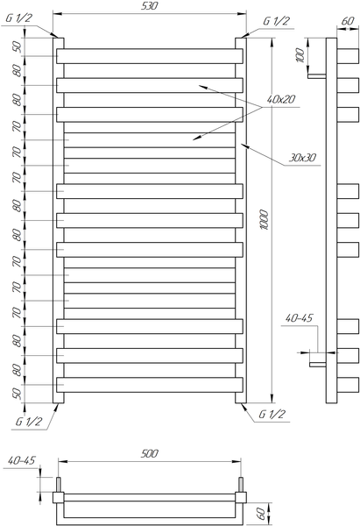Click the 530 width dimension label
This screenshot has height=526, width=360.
tap(149, 6)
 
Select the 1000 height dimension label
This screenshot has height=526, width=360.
tap(265, 220)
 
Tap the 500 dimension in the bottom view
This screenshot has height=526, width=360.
tap(149, 453)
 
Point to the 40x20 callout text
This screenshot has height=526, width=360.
tap(281, 99)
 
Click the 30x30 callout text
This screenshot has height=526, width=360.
tap(302, 157)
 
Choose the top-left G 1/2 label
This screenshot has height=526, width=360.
tap(19, 18)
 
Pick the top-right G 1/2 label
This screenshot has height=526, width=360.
tap(276, 21)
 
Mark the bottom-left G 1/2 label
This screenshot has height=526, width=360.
tap(29, 421)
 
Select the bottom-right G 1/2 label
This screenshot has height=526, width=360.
tap(272, 414)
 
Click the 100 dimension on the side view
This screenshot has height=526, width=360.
tap(300, 55)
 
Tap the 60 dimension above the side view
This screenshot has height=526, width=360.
tap(348, 21)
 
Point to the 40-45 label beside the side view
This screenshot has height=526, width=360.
tap(299, 317)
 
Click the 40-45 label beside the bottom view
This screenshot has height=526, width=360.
tap(21, 460)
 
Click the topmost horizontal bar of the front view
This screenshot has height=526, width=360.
tap(150, 56)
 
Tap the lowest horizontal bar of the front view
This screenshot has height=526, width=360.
tap(150, 385)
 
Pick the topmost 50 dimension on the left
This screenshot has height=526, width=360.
tap(18, 46)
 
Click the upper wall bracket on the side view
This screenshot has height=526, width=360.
tap(317, 76)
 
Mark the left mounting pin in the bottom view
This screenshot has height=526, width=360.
tap(59, 485)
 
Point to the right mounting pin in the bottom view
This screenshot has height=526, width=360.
tap(240, 485)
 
